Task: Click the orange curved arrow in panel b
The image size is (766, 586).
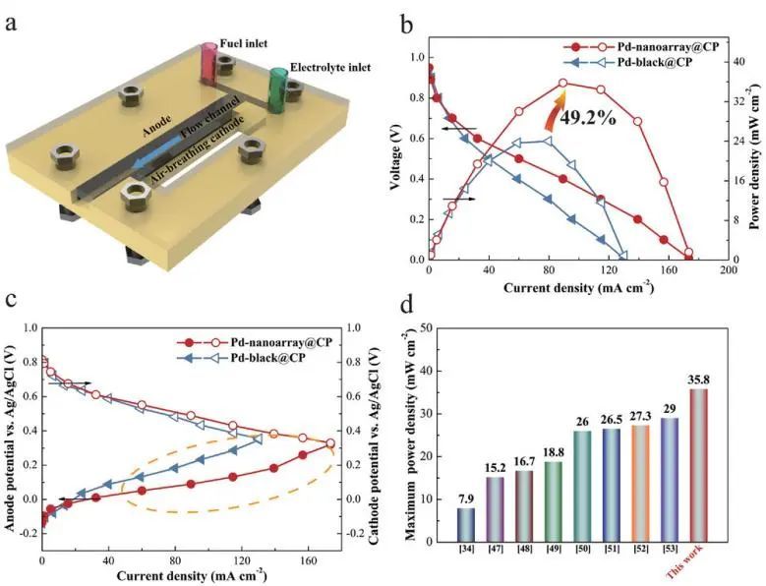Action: click(x=554, y=108)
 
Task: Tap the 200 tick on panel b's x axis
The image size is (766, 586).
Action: click(x=729, y=268)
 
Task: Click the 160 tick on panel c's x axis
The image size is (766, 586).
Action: click(x=297, y=560)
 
